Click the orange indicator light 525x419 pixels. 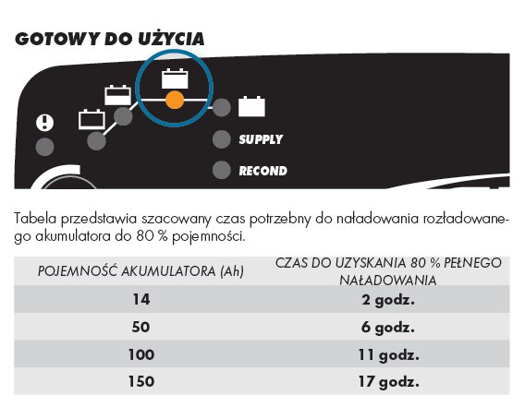point(175,100)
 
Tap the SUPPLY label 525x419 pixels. point(261,139)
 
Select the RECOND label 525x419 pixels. point(262,171)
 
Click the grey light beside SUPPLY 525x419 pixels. point(222,139)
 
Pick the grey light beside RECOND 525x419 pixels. point(222,170)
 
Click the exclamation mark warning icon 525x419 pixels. point(44,123)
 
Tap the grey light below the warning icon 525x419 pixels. point(45,147)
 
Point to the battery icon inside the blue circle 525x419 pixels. point(175,78)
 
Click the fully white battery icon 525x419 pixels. point(251,106)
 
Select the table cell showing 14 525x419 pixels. point(141,299)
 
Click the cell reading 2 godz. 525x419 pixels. point(388,300)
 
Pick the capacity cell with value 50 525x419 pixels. point(140,327)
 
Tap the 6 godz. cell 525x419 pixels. point(388,328)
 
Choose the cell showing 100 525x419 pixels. point(141,354)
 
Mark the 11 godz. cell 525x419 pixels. point(388,355)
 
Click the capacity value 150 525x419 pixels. point(141,381)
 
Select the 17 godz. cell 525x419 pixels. point(388,382)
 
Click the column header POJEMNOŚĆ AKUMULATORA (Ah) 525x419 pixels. point(140,271)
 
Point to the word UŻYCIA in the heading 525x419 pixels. point(171,39)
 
